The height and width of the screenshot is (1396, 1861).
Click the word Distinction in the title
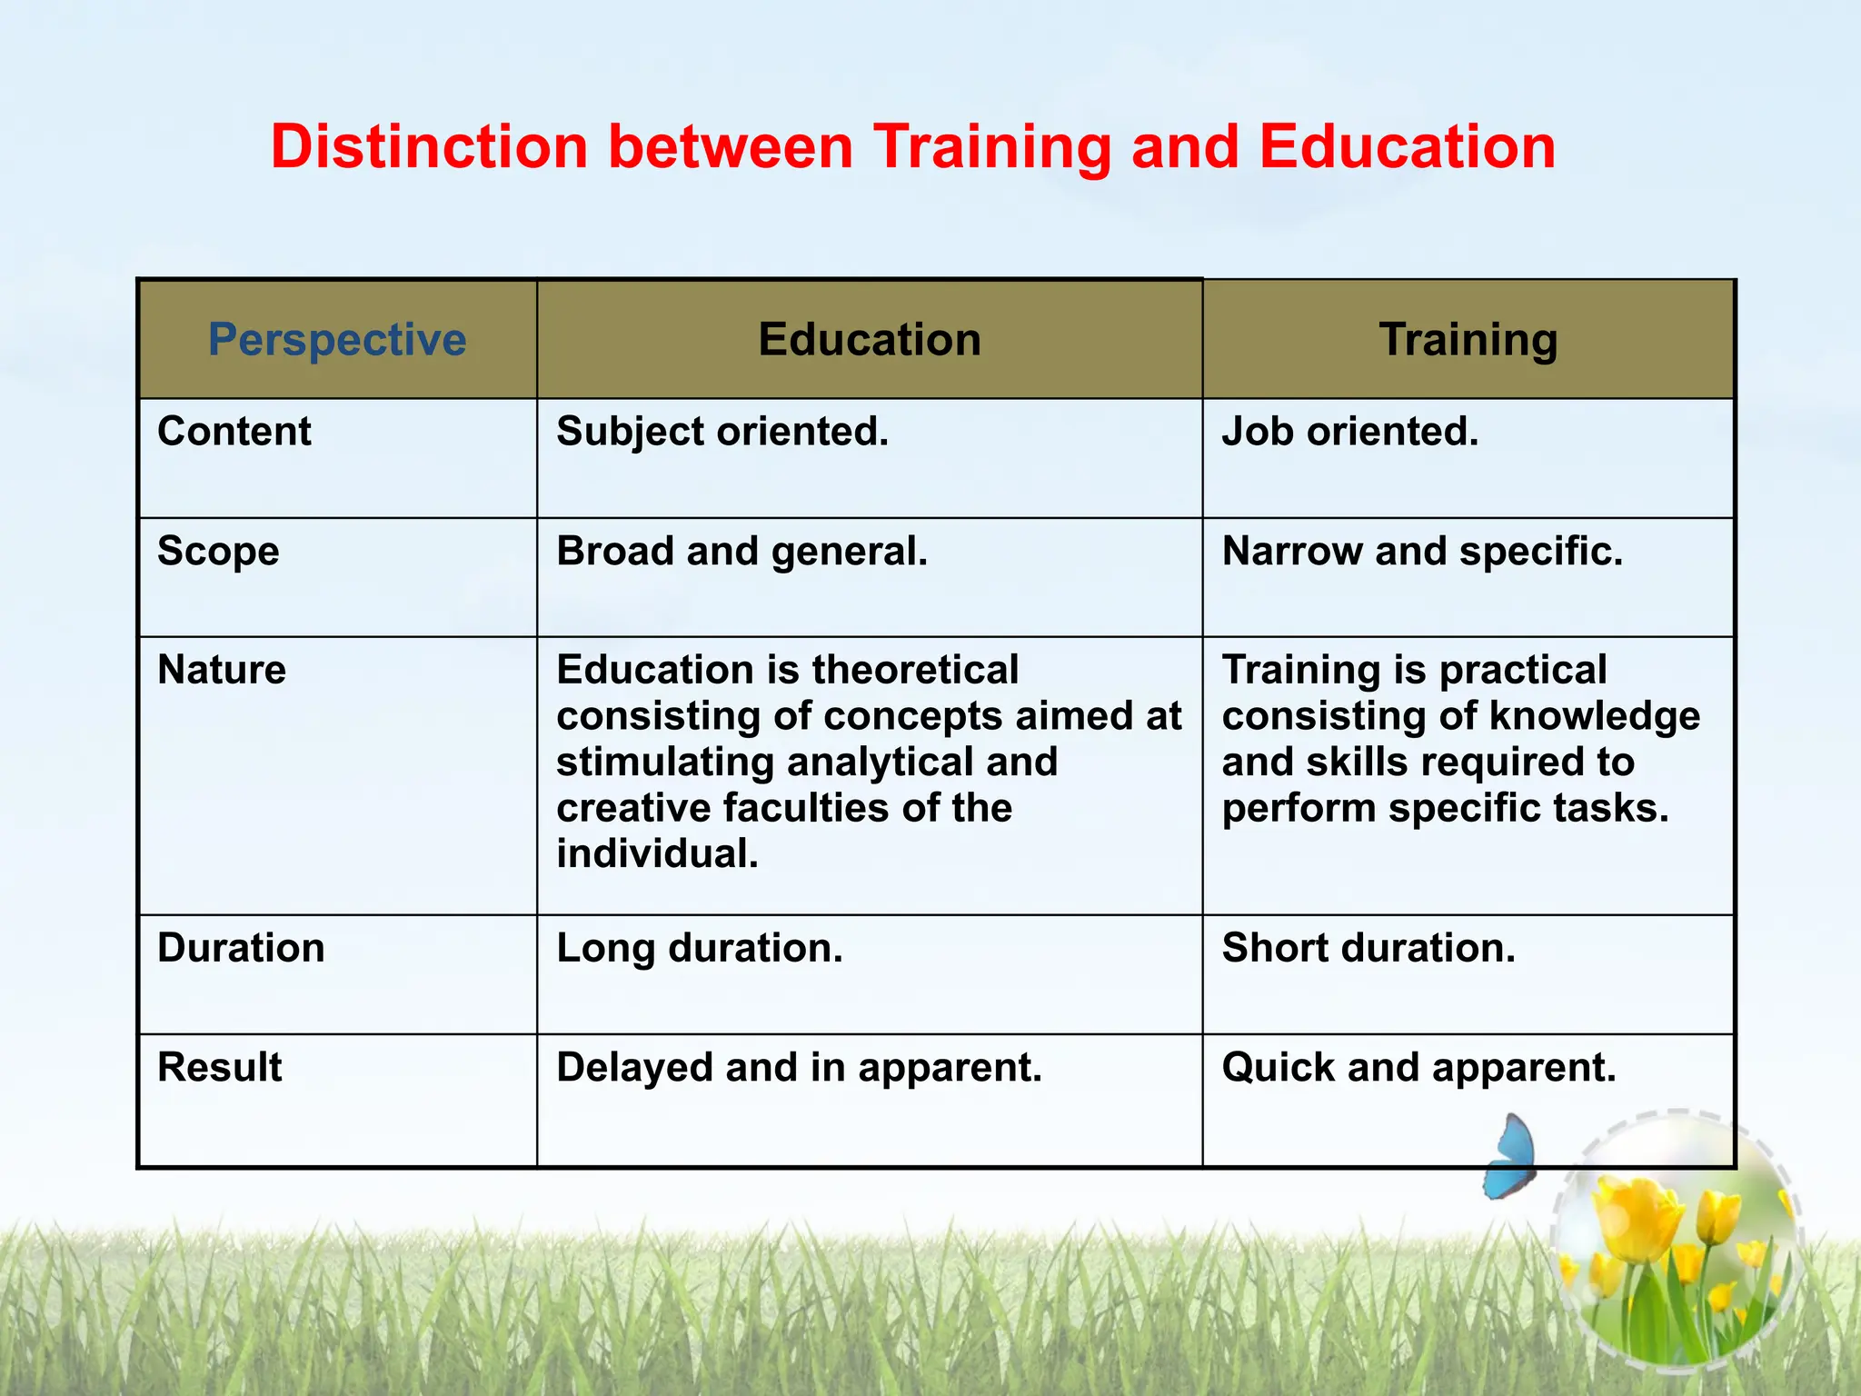(429, 147)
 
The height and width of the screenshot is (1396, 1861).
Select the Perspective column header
(337, 340)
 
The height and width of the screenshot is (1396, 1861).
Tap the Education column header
(870, 340)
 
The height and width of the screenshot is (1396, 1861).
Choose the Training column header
(1468, 340)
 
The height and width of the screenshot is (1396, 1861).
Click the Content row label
(234, 432)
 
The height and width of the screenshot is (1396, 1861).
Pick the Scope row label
(218, 551)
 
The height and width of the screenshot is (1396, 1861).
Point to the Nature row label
(222, 670)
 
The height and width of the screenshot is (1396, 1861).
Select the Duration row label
(241, 948)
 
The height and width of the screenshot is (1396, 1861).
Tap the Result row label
(220, 1067)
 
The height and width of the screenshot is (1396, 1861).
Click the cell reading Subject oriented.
(722, 432)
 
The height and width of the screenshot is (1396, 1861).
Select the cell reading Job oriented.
(1350, 432)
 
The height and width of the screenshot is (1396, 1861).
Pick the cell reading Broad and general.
(741, 551)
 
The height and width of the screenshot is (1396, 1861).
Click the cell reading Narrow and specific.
(1422, 551)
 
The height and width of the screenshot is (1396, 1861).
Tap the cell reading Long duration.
(700, 948)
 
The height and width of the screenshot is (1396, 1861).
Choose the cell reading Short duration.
(1368, 948)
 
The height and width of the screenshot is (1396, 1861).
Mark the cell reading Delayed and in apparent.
(799, 1067)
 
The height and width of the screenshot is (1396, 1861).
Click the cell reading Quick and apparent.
(1419, 1067)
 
